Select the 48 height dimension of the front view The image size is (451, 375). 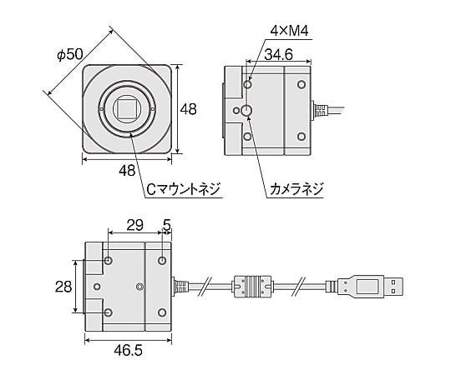click(190, 108)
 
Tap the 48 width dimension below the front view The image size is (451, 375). click(128, 170)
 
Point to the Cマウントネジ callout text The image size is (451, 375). click(183, 189)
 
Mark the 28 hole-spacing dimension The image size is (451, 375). click(63, 286)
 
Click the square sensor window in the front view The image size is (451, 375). click(128, 107)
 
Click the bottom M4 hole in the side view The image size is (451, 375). click(248, 137)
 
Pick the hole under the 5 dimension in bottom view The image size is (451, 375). click(162, 261)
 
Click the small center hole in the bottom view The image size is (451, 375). click(139, 287)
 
